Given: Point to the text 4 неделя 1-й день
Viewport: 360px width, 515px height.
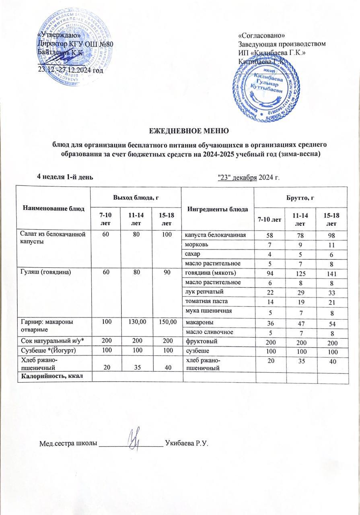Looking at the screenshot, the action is (65, 177).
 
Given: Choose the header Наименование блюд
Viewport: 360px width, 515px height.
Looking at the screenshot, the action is (53, 208).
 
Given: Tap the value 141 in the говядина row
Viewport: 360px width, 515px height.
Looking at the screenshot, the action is (331, 274).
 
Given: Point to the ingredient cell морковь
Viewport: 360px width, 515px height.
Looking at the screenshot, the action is (196, 244).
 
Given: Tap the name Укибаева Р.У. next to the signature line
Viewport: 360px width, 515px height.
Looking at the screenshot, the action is (188, 444).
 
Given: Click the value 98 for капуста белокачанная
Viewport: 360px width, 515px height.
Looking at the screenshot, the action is (331, 235).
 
